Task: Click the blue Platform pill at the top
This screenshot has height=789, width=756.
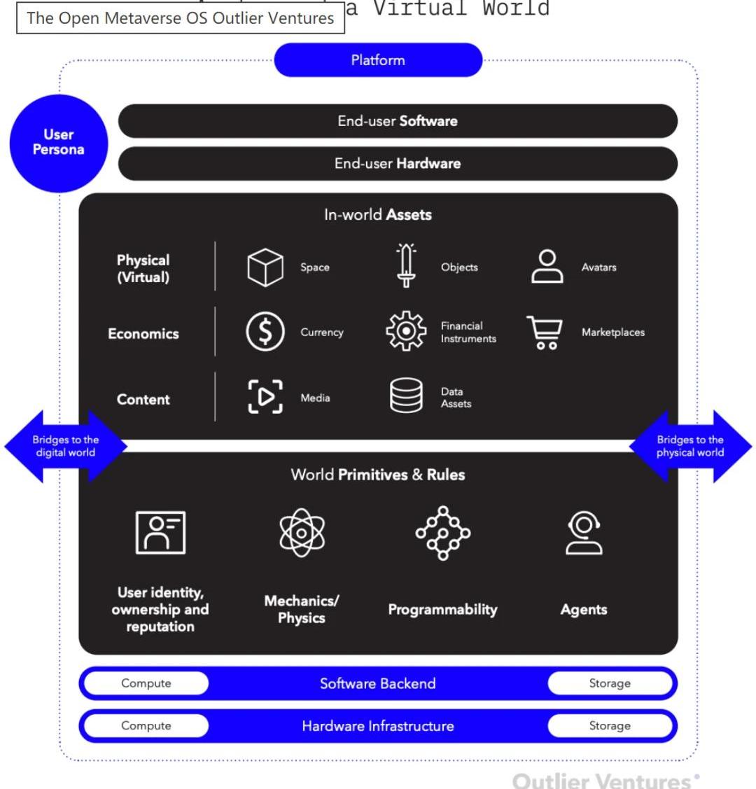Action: (378, 60)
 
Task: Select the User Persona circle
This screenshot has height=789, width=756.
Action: (58, 143)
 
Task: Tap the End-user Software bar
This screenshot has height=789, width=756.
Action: (398, 121)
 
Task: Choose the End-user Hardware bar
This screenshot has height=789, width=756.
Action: (398, 164)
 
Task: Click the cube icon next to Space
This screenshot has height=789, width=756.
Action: (265, 267)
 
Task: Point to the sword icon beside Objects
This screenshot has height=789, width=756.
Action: (406, 266)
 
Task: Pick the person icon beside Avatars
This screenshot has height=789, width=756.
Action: (547, 267)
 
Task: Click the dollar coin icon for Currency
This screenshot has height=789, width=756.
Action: (265, 332)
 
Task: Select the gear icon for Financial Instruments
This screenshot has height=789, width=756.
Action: (406, 331)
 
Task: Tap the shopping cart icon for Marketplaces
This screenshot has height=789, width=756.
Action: (545, 332)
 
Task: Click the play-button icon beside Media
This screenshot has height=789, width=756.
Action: (265, 397)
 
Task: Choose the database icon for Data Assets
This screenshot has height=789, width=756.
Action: (406, 396)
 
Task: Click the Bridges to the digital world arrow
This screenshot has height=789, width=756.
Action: (65, 447)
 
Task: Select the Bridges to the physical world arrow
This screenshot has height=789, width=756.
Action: (690, 447)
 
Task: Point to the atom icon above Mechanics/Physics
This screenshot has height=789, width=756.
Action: (302, 533)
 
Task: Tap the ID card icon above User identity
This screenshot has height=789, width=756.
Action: (160, 533)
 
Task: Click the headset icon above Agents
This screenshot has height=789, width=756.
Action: (583, 533)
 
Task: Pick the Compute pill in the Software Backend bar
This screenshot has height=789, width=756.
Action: (146, 683)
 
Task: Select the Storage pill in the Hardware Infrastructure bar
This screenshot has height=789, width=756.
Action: (609, 726)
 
